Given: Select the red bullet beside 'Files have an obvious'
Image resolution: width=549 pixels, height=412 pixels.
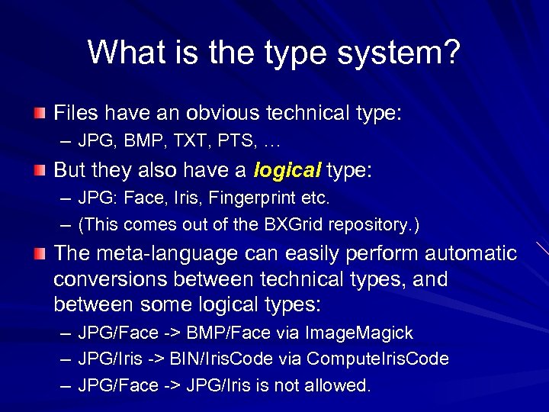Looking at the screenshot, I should tap(39, 114).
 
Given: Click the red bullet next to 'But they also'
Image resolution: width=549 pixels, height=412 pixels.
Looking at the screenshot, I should tap(39, 170).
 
